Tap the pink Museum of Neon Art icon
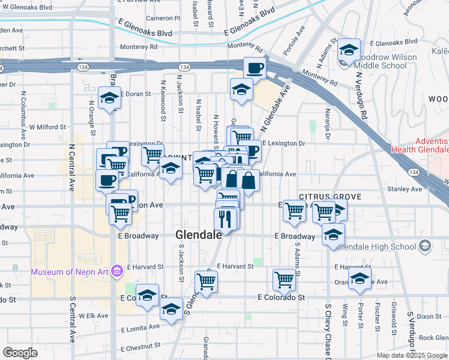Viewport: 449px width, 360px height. [x=117, y=272]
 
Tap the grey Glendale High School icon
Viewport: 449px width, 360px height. [x=425, y=245]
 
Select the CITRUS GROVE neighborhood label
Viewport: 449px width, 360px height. [x=330, y=196]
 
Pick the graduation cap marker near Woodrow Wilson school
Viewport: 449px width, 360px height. [x=349, y=50]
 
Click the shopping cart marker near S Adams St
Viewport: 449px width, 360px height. [x=285, y=279]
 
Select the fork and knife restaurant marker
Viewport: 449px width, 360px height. [x=225, y=219]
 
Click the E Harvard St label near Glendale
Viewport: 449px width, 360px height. [x=235, y=266]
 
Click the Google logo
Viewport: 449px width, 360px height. [x=20, y=353]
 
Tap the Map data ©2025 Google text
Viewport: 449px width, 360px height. [x=411, y=355]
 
